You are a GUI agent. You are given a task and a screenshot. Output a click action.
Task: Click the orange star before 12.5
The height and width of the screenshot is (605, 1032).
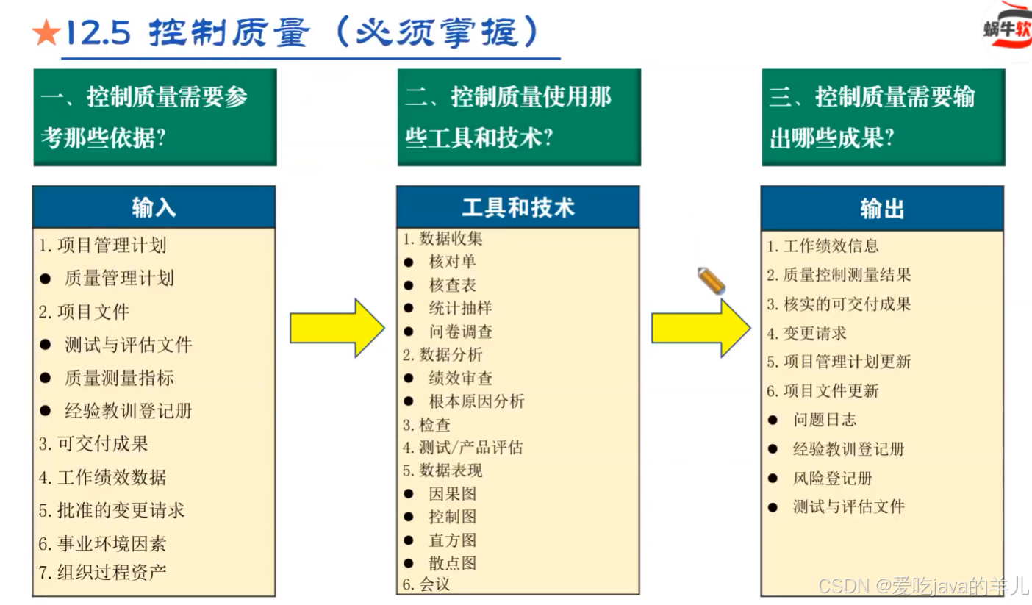tap(46, 33)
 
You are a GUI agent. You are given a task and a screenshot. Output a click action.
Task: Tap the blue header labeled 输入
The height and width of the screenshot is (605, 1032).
tap(154, 207)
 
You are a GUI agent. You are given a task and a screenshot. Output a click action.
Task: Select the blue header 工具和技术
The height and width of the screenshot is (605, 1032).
tap(517, 207)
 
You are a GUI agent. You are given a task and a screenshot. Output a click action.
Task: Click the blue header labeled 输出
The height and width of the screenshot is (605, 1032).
tap(882, 209)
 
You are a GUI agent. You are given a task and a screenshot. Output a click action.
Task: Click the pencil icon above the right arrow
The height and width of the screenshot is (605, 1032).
tap(711, 281)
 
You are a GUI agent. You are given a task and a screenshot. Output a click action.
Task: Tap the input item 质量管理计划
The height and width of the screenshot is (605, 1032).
tap(119, 278)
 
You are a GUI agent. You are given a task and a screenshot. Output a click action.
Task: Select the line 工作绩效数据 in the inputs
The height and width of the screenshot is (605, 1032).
tap(112, 477)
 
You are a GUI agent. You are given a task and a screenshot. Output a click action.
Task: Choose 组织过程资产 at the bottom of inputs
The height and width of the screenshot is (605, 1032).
tap(112, 572)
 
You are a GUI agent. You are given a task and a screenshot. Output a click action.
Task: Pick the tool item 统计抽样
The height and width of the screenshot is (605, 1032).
tap(460, 308)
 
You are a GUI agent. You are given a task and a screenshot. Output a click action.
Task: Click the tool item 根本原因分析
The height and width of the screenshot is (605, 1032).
tap(476, 401)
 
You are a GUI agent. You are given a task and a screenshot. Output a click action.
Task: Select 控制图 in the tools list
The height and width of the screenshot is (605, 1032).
tap(453, 517)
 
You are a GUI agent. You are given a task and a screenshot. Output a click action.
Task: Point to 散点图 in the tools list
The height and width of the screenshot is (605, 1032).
tap(453, 563)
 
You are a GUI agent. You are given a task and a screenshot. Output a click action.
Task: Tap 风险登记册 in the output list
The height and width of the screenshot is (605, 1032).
tap(832, 478)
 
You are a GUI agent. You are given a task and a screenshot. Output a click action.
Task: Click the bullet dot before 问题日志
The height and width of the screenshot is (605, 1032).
tap(773, 420)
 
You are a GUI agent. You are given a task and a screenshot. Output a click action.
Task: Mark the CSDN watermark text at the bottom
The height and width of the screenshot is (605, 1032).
tap(923, 586)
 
